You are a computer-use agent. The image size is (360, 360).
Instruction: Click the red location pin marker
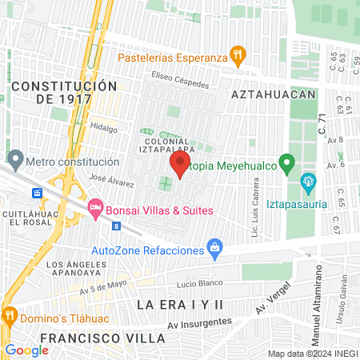[x=179, y=166]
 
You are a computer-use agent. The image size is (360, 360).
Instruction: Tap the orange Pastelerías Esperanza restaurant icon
[x=237, y=55]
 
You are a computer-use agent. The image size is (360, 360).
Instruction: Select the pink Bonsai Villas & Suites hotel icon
[x=95, y=208]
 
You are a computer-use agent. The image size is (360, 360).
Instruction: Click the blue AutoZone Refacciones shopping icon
[x=214, y=249]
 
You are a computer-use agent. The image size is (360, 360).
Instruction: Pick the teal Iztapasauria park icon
[x=307, y=183]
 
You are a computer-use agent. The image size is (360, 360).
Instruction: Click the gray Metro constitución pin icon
[x=14, y=160]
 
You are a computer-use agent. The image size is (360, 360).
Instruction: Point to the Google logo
[x=26, y=350]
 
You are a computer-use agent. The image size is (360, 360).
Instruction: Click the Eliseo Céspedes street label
[x=181, y=82]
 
